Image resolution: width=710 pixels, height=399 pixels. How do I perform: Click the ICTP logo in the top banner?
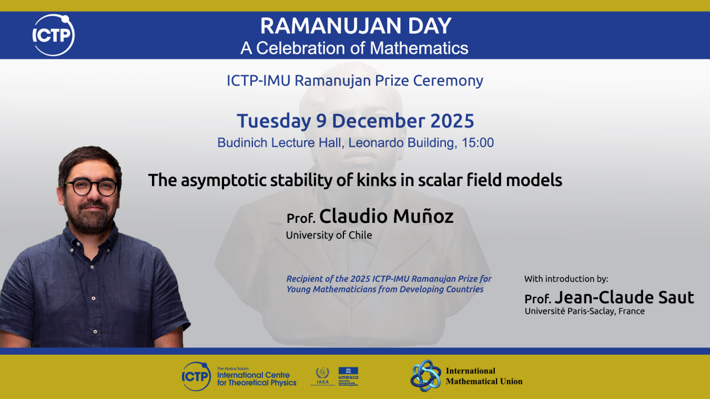point(53,35)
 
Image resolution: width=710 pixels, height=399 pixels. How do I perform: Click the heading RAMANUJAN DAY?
point(356,26)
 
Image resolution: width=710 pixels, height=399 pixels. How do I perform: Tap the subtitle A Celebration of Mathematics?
point(354,48)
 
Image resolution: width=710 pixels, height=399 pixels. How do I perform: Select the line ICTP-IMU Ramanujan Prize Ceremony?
point(354,80)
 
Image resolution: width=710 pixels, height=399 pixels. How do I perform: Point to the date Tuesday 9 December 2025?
point(356,120)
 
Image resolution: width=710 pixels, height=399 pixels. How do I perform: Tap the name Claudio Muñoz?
point(386,216)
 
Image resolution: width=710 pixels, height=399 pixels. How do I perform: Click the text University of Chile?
point(329,235)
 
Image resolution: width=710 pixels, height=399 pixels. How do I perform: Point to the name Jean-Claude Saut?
point(624,298)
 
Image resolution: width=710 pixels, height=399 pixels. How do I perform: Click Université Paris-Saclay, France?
point(585,311)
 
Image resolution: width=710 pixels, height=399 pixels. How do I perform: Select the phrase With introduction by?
point(566,279)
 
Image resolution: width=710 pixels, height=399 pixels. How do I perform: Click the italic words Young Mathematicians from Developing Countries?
point(385,289)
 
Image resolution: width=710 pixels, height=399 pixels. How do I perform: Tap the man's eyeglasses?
point(90,187)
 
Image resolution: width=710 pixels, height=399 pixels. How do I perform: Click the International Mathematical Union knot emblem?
point(425,375)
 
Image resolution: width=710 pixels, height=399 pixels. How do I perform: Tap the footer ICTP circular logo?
point(196,376)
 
